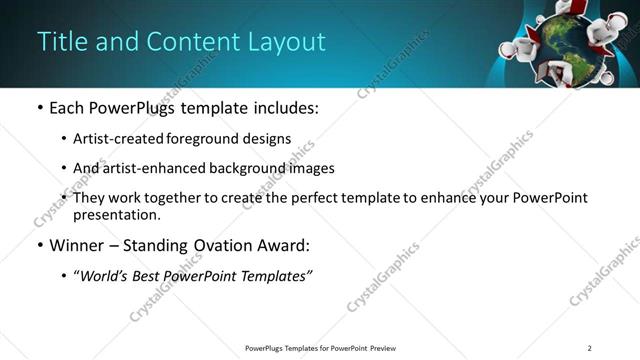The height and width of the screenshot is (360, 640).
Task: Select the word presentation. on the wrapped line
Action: (x=116, y=214)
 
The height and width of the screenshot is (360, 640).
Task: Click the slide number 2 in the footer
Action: (x=589, y=348)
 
